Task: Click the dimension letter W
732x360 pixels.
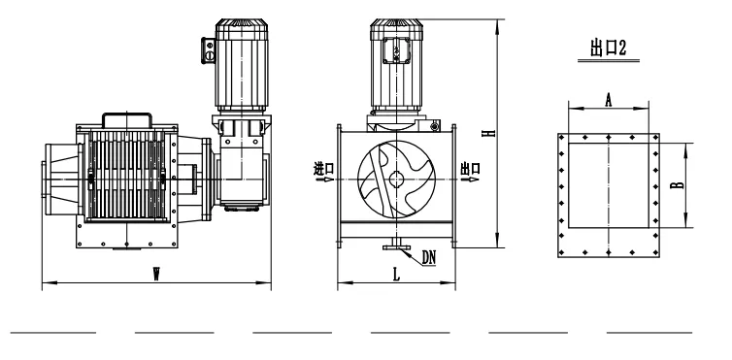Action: [x=157, y=276]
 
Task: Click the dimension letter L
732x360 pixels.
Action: [x=396, y=275]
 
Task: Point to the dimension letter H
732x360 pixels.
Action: [x=489, y=133]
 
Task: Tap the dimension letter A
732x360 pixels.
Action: [x=609, y=100]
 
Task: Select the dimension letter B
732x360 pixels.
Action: [x=677, y=184]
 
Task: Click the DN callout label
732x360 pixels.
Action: [x=428, y=257]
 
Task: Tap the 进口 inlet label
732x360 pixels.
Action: [x=324, y=168]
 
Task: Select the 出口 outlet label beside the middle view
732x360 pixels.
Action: [x=470, y=168]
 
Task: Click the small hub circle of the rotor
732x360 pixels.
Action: [x=397, y=180]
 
